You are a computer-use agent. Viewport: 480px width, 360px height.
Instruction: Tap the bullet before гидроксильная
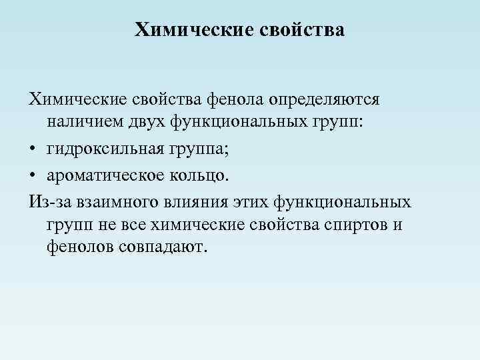point(33,147)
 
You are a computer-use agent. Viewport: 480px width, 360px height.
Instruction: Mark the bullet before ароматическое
point(33,175)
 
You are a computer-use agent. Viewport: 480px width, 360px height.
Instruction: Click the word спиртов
point(358,224)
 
